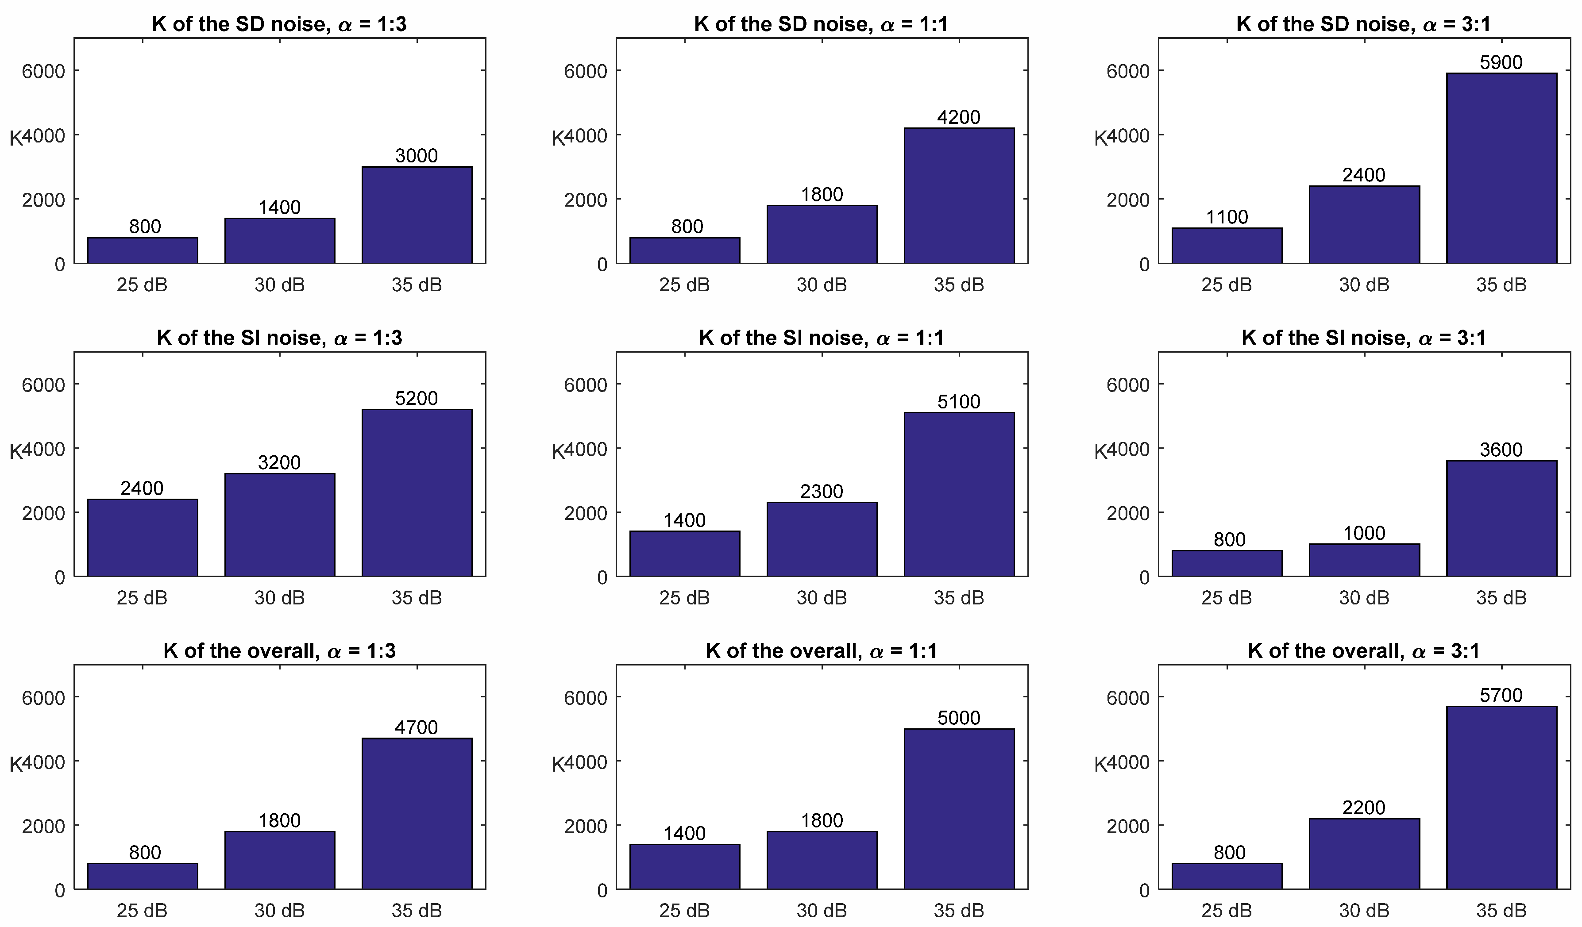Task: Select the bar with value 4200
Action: point(959,196)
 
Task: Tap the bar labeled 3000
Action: point(417,215)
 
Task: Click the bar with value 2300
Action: point(822,540)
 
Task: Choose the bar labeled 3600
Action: point(1501,519)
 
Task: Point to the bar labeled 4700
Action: point(417,814)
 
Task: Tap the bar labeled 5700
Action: point(1501,798)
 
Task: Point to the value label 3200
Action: point(279,462)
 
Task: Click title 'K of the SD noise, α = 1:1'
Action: point(821,24)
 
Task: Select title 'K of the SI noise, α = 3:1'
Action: point(1363,338)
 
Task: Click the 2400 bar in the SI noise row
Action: point(143,538)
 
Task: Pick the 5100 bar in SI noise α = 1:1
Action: point(959,495)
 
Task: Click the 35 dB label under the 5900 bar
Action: point(1501,285)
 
